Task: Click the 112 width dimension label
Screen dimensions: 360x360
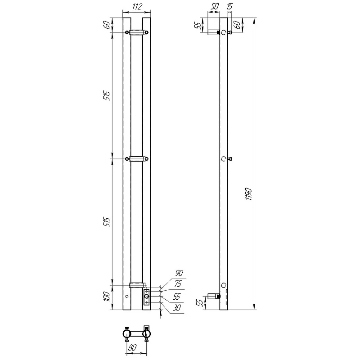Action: [x=137, y=7]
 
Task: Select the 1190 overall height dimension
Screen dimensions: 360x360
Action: [x=249, y=194]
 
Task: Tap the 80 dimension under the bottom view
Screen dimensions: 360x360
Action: [x=132, y=347]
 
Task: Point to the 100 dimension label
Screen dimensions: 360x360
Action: [x=107, y=297]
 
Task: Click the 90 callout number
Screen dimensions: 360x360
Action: [x=179, y=273]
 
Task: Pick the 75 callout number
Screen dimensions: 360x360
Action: [x=178, y=284]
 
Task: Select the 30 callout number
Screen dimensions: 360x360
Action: [x=177, y=308]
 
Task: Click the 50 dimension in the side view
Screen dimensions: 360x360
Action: [x=215, y=6]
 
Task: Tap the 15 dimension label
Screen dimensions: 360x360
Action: [x=229, y=6]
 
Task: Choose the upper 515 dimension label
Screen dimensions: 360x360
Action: [x=107, y=96]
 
